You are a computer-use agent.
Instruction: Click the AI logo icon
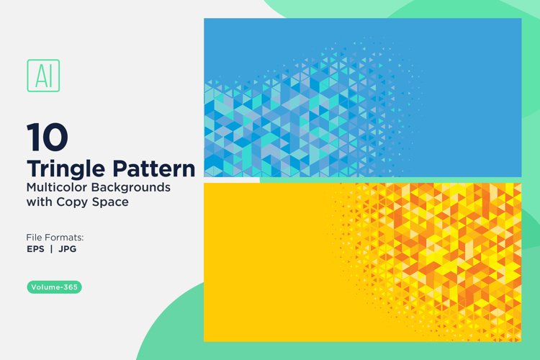point(43,75)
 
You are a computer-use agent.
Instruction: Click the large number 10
point(48,135)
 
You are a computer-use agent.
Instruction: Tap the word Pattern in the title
point(154,169)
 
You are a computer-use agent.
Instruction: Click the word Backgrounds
point(135,187)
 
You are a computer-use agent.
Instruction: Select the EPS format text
point(37,249)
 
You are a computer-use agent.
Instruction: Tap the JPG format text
point(68,249)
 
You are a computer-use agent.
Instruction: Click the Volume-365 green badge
point(55,287)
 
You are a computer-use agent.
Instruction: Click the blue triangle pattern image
point(362,97)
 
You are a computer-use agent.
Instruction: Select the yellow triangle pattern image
point(362,262)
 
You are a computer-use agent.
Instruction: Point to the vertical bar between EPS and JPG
point(53,249)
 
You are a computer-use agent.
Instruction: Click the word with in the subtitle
point(40,202)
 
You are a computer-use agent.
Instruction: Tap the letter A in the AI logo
point(39,75)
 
